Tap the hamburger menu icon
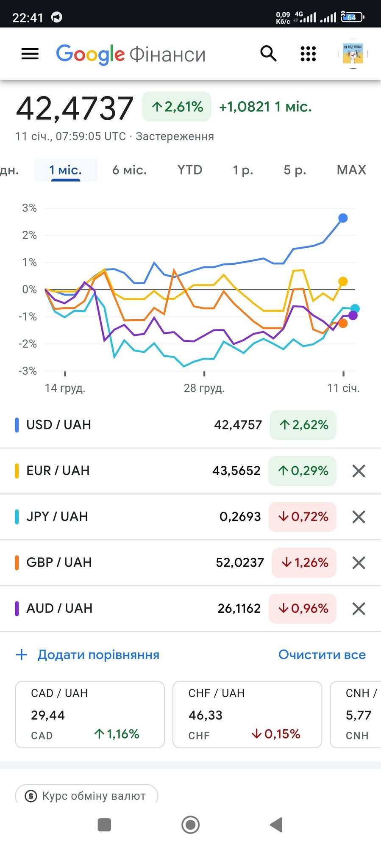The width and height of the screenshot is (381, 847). [x=30, y=54]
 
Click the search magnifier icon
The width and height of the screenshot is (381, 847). [x=268, y=54]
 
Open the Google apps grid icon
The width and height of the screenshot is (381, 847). [x=308, y=54]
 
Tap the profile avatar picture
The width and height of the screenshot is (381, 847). [x=353, y=54]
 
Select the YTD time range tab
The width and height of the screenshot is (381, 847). [x=189, y=170]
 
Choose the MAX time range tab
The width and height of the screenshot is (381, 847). [x=351, y=170]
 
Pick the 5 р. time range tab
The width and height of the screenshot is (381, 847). [x=295, y=170]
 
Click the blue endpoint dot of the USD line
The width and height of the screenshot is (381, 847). [x=343, y=218]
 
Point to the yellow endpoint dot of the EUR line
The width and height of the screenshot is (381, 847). [x=343, y=281]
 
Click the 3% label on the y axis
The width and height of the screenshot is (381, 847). [x=30, y=208]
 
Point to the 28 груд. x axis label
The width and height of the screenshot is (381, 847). [x=204, y=388]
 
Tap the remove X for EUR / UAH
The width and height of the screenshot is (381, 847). [x=359, y=471]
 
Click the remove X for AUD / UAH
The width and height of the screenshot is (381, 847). [x=359, y=609]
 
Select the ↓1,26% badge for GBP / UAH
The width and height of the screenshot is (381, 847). [x=304, y=562]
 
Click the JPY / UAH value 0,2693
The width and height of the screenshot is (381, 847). [x=240, y=517]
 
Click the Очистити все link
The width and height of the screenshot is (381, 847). [x=322, y=655]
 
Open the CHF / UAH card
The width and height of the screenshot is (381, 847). [x=247, y=714]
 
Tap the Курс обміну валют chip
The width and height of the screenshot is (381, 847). [x=86, y=796]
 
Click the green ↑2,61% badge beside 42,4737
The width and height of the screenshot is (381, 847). [x=177, y=107]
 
